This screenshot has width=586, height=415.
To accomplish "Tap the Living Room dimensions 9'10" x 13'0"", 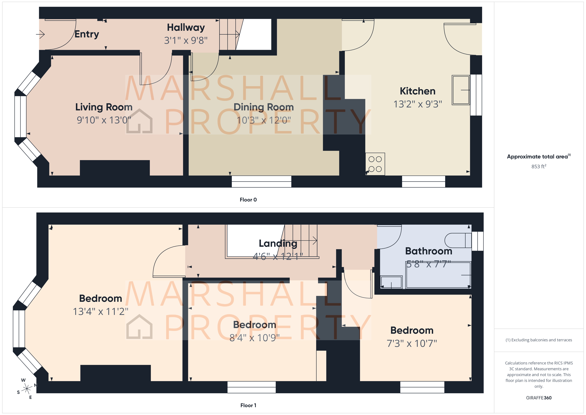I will click(104, 120).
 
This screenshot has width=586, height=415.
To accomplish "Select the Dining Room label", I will click(263, 107).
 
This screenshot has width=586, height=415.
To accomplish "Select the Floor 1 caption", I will click(248, 405).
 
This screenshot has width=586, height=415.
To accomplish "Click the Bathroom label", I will click(429, 251).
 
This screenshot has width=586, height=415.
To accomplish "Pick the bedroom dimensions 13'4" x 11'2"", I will click(100, 312).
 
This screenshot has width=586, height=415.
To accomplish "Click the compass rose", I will click(27, 389).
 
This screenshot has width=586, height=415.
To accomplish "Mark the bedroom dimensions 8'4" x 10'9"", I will click(254, 338).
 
